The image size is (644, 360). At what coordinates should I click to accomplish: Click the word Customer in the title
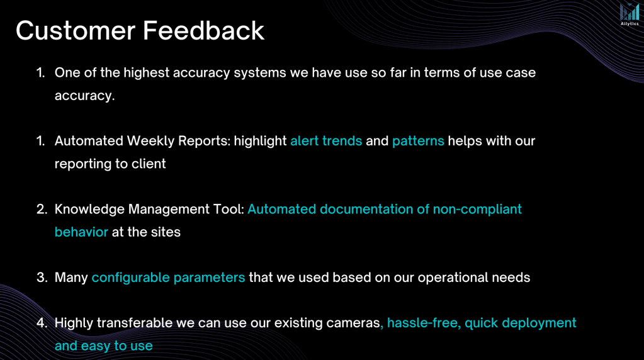(x=75, y=31)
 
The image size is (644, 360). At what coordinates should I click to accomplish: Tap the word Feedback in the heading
(x=203, y=31)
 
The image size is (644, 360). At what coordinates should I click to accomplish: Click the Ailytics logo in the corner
(x=630, y=14)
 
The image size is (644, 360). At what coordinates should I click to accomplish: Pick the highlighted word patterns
(x=418, y=142)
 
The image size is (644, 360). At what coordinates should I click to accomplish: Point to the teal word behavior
(x=81, y=232)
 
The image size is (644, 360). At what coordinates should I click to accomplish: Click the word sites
(x=166, y=232)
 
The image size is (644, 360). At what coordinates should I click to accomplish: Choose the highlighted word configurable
(x=130, y=278)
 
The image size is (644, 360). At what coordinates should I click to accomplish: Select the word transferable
(x=135, y=323)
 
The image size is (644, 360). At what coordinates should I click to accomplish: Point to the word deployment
(x=539, y=323)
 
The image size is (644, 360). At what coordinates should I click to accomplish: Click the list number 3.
(x=42, y=278)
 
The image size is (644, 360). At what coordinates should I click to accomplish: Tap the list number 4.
(x=42, y=323)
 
